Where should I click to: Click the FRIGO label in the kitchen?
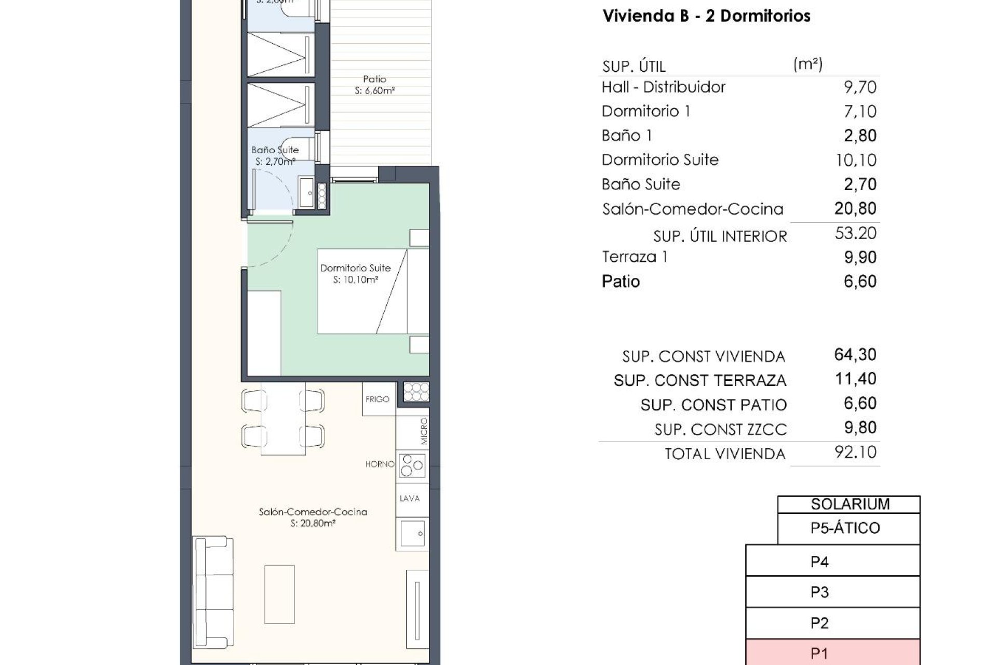pyautogui.click(x=377, y=399)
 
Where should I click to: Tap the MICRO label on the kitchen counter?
pyautogui.click(x=424, y=431)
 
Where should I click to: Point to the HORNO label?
pyautogui.click(x=380, y=464)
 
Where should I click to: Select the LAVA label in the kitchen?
pyautogui.click(x=409, y=498)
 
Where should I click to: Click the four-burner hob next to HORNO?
pyautogui.click(x=413, y=465)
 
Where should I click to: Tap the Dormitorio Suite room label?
pyautogui.click(x=355, y=273)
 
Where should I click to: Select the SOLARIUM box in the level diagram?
pyautogui.click(x=850, y=504)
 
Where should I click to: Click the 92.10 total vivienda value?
pyautogui.click(x=855, y=452)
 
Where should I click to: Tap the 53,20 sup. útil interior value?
pyautogui.click(x=855, y=233)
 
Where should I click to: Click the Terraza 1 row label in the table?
pyautogui.click(x=635, y=257)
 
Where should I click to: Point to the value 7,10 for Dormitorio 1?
pyautogui.click(x=860, y=111)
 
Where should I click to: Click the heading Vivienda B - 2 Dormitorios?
pyautogui.click(x=706, y=16)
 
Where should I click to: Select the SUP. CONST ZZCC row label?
pyautogui.click(x=720, y=429)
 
